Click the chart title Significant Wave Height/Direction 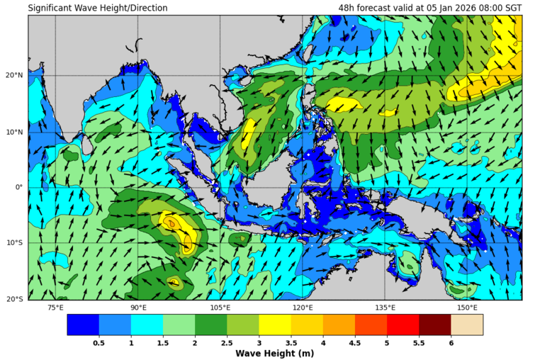click(98, 9)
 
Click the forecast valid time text click(429, 9)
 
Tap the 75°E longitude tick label click(55, 308)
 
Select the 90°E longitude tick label click(138, 308)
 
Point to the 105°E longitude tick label click(220, 308)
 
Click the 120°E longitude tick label click(303, 308)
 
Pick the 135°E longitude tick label click(385, 308)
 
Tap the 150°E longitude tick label click(467, 308)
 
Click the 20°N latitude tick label click(15, 76)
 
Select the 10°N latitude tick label click(15, 132)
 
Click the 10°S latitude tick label click(15, 244)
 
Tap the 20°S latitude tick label click(15, 299)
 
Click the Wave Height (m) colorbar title click(275, 353)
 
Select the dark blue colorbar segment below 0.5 click(83, 325)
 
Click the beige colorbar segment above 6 click(467, 325)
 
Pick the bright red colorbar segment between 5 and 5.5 click(403, 325)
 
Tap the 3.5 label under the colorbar click(291, 343)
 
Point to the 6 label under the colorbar click(451, 343)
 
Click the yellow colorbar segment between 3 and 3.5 click(275, 325)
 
